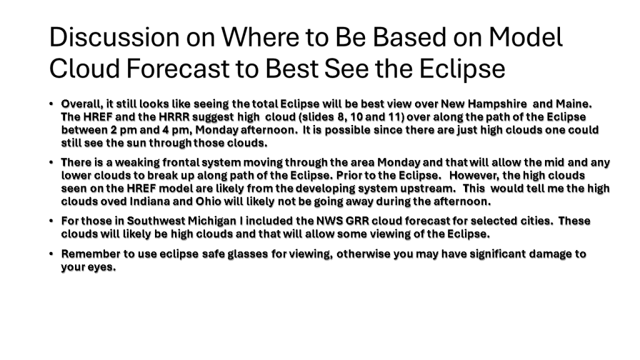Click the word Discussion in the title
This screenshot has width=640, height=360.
(114, 37)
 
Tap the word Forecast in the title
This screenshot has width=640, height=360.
(177, 68)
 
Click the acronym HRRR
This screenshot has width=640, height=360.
(174, 117)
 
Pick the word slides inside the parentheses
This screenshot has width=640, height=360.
(317, 117)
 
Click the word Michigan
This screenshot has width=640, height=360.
(212, 221)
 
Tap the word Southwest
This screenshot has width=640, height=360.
(156, 221)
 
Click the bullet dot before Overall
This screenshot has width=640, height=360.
(51, 104)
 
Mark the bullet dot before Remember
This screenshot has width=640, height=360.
(51, 254)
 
